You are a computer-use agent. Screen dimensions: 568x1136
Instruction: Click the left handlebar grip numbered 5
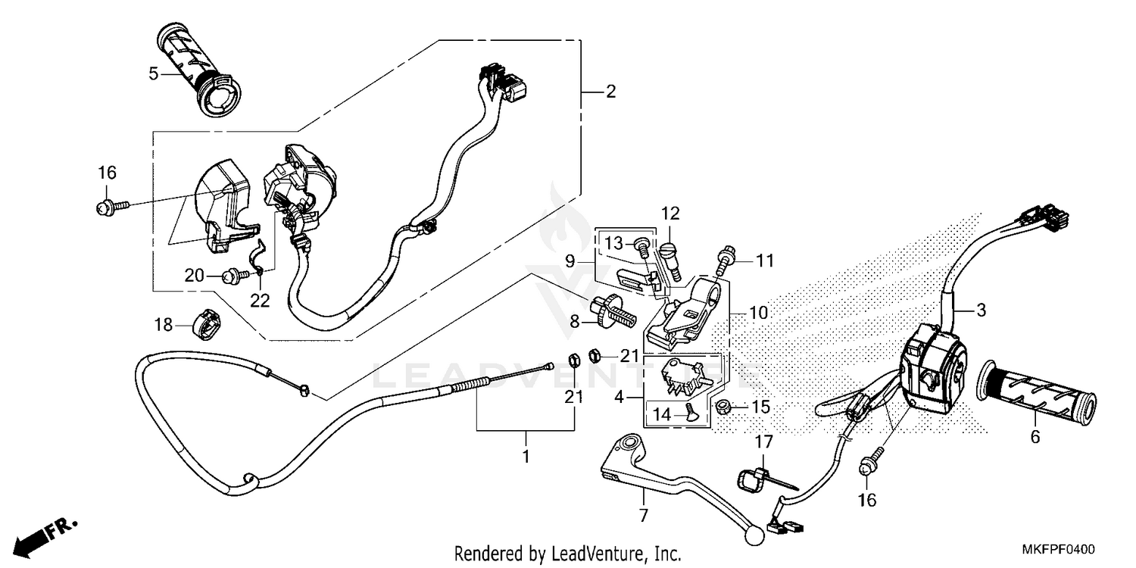[198, 70]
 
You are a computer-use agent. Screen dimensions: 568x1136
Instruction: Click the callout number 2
[610, 92]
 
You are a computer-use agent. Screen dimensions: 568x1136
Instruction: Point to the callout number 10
[759, 312]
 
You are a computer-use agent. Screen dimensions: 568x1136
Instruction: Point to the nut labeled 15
[724, 407]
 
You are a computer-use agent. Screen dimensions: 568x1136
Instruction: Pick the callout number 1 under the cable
[526, 457]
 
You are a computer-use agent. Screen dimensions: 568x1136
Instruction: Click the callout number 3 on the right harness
[981, 310]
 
